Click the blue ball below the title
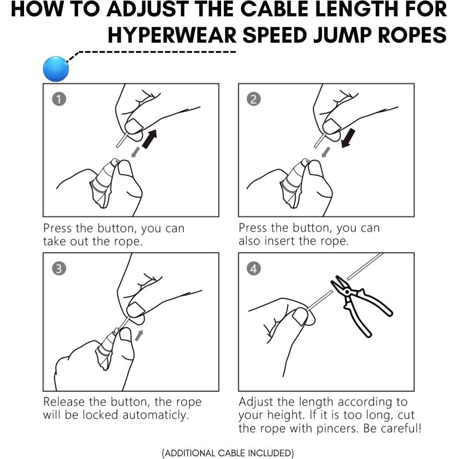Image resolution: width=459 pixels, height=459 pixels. (56, 69)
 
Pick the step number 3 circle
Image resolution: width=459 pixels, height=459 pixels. (59, 268)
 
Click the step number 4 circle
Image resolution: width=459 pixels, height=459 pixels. (254, 268)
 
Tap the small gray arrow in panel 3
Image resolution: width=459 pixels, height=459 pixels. (139, 336)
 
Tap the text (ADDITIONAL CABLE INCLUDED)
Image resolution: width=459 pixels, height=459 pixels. (227, 453)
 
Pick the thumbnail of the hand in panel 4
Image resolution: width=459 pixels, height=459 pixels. (300, 316)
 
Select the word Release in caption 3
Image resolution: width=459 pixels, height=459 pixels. (63, 402)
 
